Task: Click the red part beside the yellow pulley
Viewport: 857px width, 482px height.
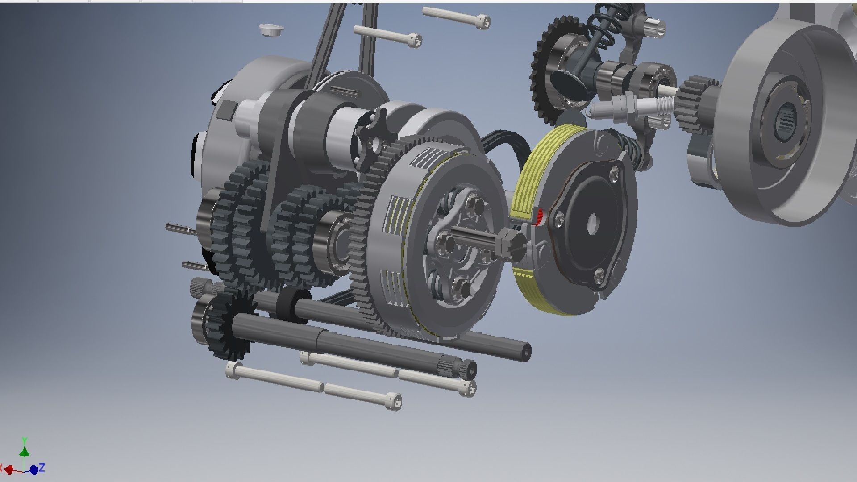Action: coord(539,217)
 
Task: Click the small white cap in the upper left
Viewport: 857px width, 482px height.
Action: coord(271,30)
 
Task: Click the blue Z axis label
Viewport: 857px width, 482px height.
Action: coord(42,468)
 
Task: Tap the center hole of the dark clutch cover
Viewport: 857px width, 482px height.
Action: coord(592,220)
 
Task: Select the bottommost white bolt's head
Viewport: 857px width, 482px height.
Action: coord(393,401)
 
